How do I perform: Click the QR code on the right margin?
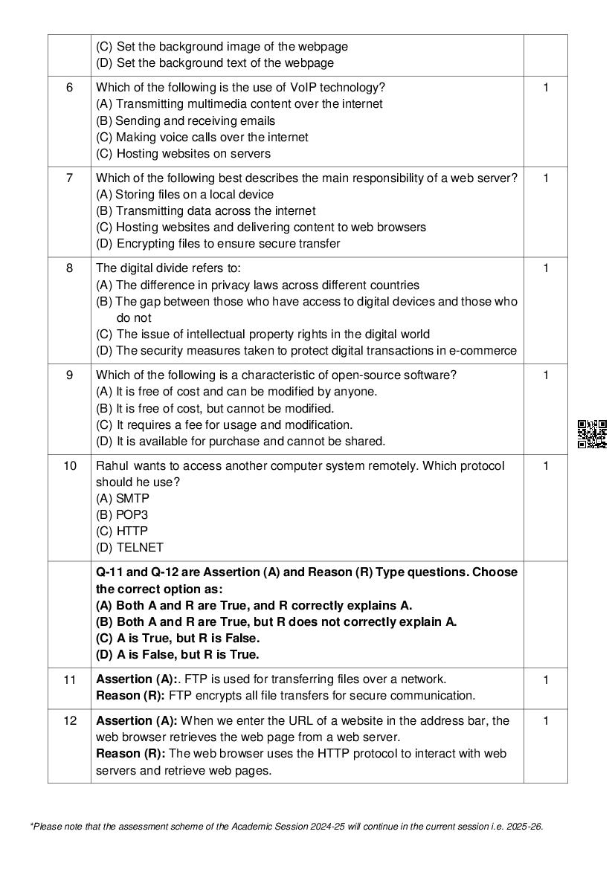592,433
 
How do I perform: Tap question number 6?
69,88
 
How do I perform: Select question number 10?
69,466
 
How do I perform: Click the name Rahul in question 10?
112,466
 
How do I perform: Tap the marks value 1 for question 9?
546,375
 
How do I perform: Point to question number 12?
69,721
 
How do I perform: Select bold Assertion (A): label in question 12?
137,721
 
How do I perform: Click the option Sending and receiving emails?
194,120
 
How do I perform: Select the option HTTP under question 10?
132,532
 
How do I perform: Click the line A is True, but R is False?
178,639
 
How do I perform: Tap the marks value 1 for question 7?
546,178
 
